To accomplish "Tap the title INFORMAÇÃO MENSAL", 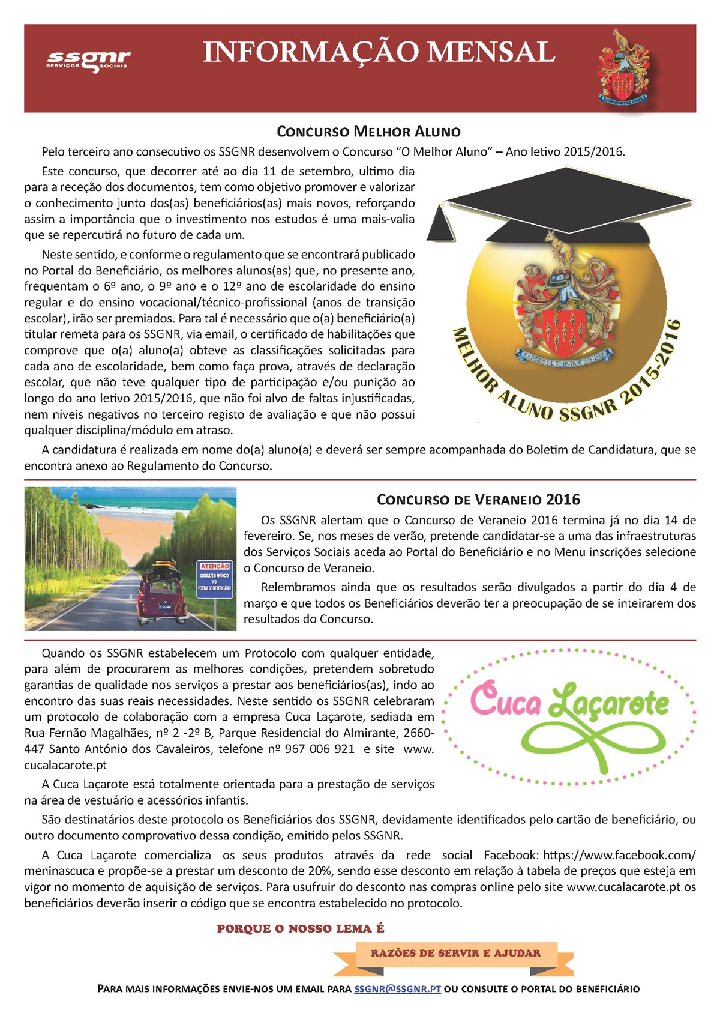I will coord(379,53).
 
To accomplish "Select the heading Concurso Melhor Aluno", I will coord(368,132).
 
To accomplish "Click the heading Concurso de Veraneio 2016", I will coord(478,500).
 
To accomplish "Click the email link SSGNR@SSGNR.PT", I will coord(397,988).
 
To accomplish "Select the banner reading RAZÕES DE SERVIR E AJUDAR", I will coord(455,953).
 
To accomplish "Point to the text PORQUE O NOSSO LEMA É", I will coord(301,928).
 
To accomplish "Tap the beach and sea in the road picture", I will coord(132,508).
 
